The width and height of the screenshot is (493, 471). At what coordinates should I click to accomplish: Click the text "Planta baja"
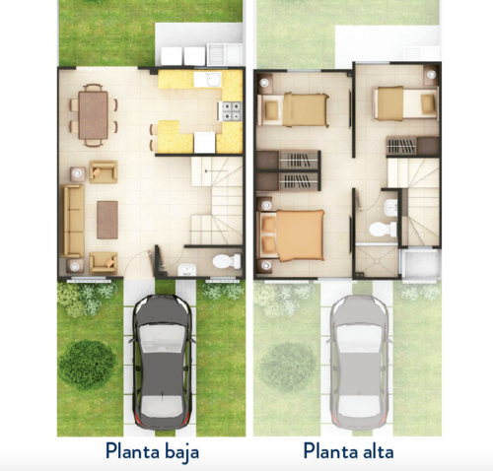pos(152,451)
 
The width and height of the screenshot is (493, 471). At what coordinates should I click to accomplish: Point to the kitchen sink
pos(209,80)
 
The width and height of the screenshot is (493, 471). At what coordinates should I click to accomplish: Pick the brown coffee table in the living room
pos(107,219)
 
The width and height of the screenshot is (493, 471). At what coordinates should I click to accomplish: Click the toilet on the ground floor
pos(226,261)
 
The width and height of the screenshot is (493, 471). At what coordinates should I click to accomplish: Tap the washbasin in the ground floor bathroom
pos(185,270)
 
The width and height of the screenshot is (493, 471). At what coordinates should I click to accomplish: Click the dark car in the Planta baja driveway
pos(162,357)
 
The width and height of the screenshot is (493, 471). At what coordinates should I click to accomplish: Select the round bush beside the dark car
pos(87,363)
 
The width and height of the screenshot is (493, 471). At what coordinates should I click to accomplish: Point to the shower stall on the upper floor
pos(375,259)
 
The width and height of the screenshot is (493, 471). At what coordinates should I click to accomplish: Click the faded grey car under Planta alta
pos(358,357)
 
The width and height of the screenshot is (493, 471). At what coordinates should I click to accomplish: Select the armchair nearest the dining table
pos(103,171)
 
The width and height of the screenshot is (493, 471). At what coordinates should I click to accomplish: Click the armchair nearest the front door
pos(103,261)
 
